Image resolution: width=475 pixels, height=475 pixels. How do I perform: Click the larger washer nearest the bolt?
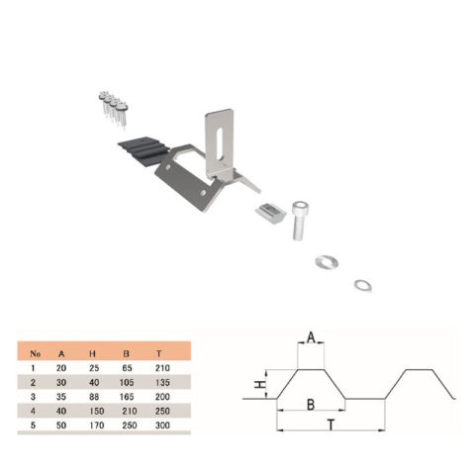pyautogui.click(x=326, y=262)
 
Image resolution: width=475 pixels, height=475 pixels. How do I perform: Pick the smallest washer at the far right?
pyautogui.click(x=361, y=287)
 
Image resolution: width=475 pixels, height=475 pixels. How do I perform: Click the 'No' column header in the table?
pyautogui.click(x=38, y=351)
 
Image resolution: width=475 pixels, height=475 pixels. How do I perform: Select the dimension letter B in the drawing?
pyautogui.click(x=311, y=405)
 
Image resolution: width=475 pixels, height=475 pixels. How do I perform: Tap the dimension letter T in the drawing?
pyautogui.click(x=330, y=424)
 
